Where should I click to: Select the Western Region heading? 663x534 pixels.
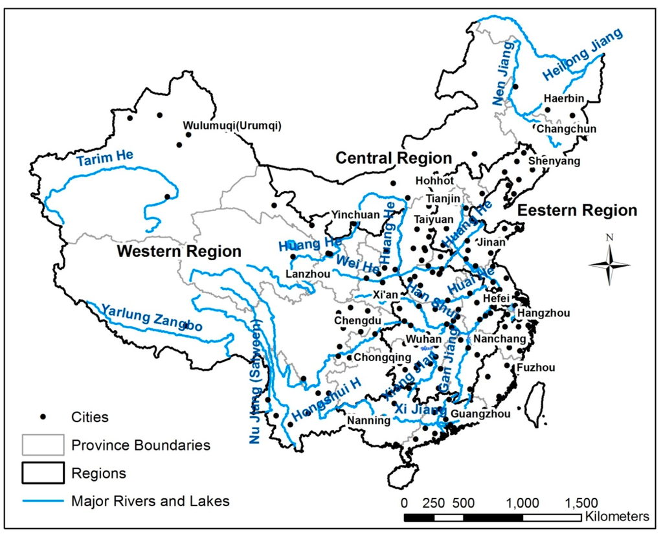coord(179,251)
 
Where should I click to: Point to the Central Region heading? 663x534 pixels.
coord(393,158)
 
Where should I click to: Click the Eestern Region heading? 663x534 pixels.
coord(577,210)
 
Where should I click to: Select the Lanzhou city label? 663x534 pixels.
coord(308,274)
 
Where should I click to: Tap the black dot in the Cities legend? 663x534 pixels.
coord(43,417)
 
